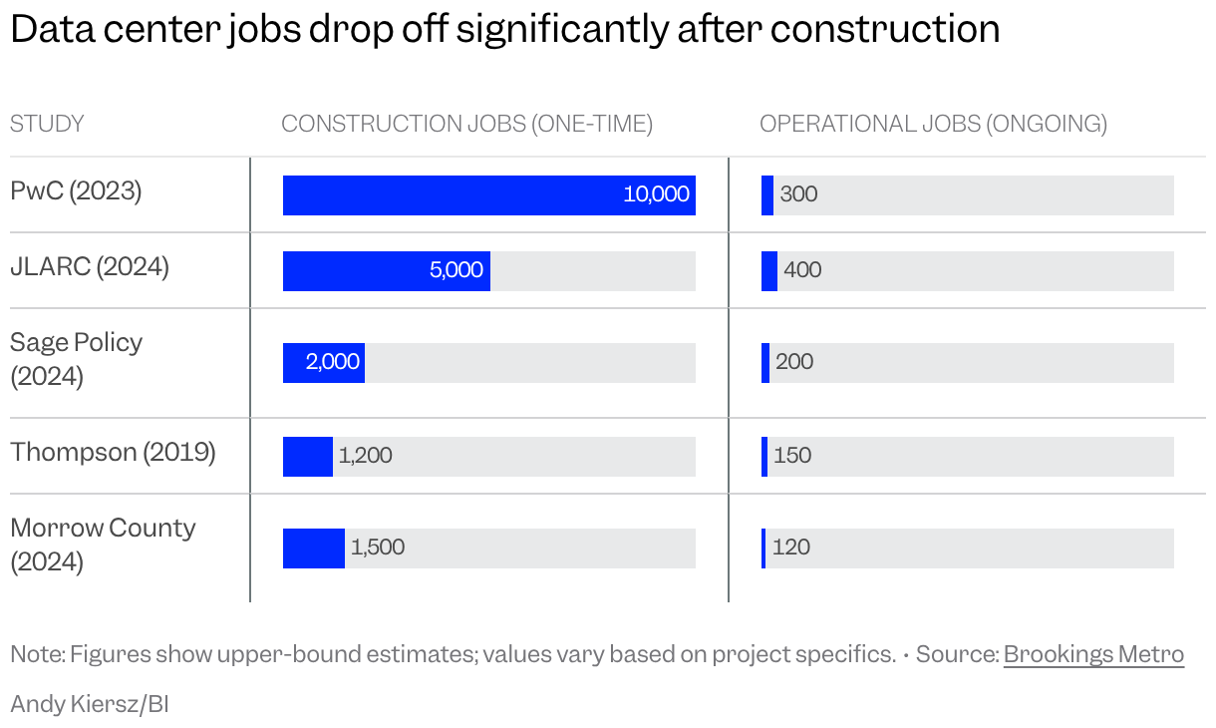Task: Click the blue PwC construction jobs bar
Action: click(x=489, y=195)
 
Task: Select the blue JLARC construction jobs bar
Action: click(x=387, y=271)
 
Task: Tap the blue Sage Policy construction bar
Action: click(x=324, y=363)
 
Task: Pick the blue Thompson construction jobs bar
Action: click(x=308, y=457)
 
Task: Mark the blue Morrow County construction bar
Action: click(x=314, y=548)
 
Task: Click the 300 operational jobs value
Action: click(x=798, y=193)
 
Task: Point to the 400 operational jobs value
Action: click(x=802, y=270)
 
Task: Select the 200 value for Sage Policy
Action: click(x=794, y=362)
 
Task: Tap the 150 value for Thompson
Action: click(x=792, y=456)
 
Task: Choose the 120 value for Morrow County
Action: click(x=791, y=547)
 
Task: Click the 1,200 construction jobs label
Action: click(x=366, y=456)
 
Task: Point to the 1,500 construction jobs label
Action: click(x=378, y=547)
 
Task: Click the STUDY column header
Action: click(x=47, y=124)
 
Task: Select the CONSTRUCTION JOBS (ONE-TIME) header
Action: click(x=466, y=124)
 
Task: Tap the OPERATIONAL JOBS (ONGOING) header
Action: click(x=933, y=124)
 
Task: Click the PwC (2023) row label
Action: click(x=76, y=191)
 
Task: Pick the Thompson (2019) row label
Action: click(x=113, y=453)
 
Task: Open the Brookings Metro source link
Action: click(x=1093, y=654)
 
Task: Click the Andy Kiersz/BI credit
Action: click(x=90, y=705)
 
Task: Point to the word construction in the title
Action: click(x=885, y=29)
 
